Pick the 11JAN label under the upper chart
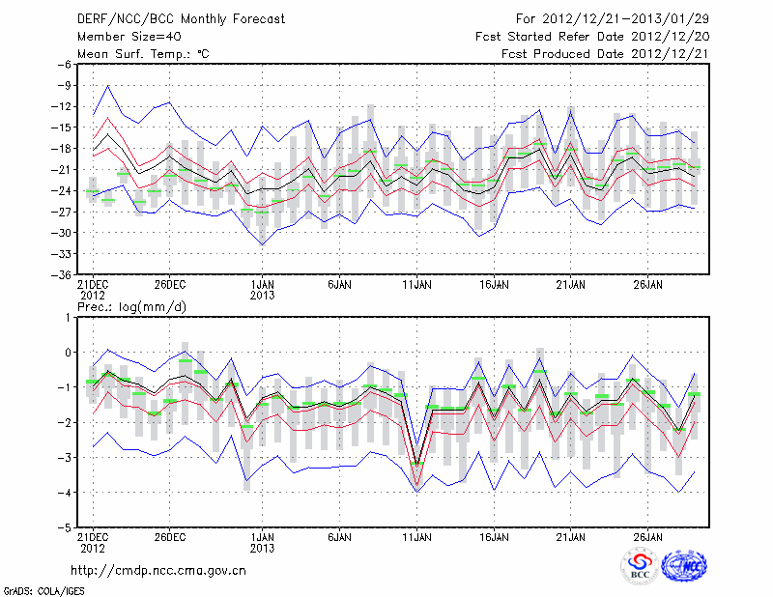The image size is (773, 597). click(x=416, y=286)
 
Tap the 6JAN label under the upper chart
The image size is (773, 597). click(x=339, y=286)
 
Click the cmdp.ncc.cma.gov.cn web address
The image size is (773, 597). click(x=159, y=571)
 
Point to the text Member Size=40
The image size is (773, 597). click(x=126, y=37)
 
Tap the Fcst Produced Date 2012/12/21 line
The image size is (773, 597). click(x=605, y=54)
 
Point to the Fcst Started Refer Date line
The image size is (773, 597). click(x=591, y=37)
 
